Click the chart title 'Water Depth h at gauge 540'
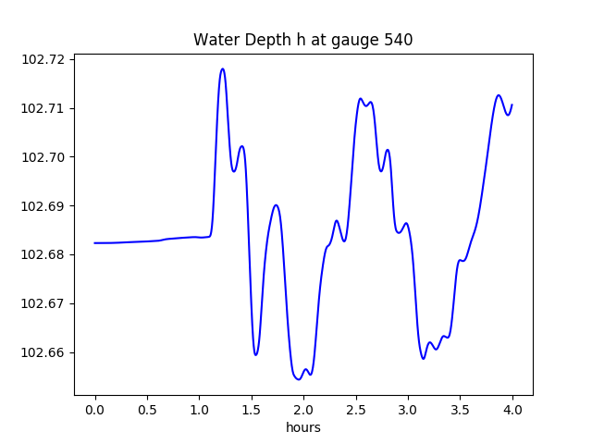click(302, 40)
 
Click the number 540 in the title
click(398, 40)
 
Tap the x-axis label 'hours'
click(302, 427)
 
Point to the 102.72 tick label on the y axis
click(43, 59)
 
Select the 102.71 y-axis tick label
click(43, 108)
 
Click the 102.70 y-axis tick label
click(43, 157)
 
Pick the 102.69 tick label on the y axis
click(43, 206)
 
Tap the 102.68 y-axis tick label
click(43, 254)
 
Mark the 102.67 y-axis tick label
click(43, 303)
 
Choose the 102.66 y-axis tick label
click(43, 352)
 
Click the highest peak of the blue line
click(222, 68)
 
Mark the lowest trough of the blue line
click(298, 379)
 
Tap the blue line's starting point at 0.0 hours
click(95, 243)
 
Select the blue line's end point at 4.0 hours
click(512, 105)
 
